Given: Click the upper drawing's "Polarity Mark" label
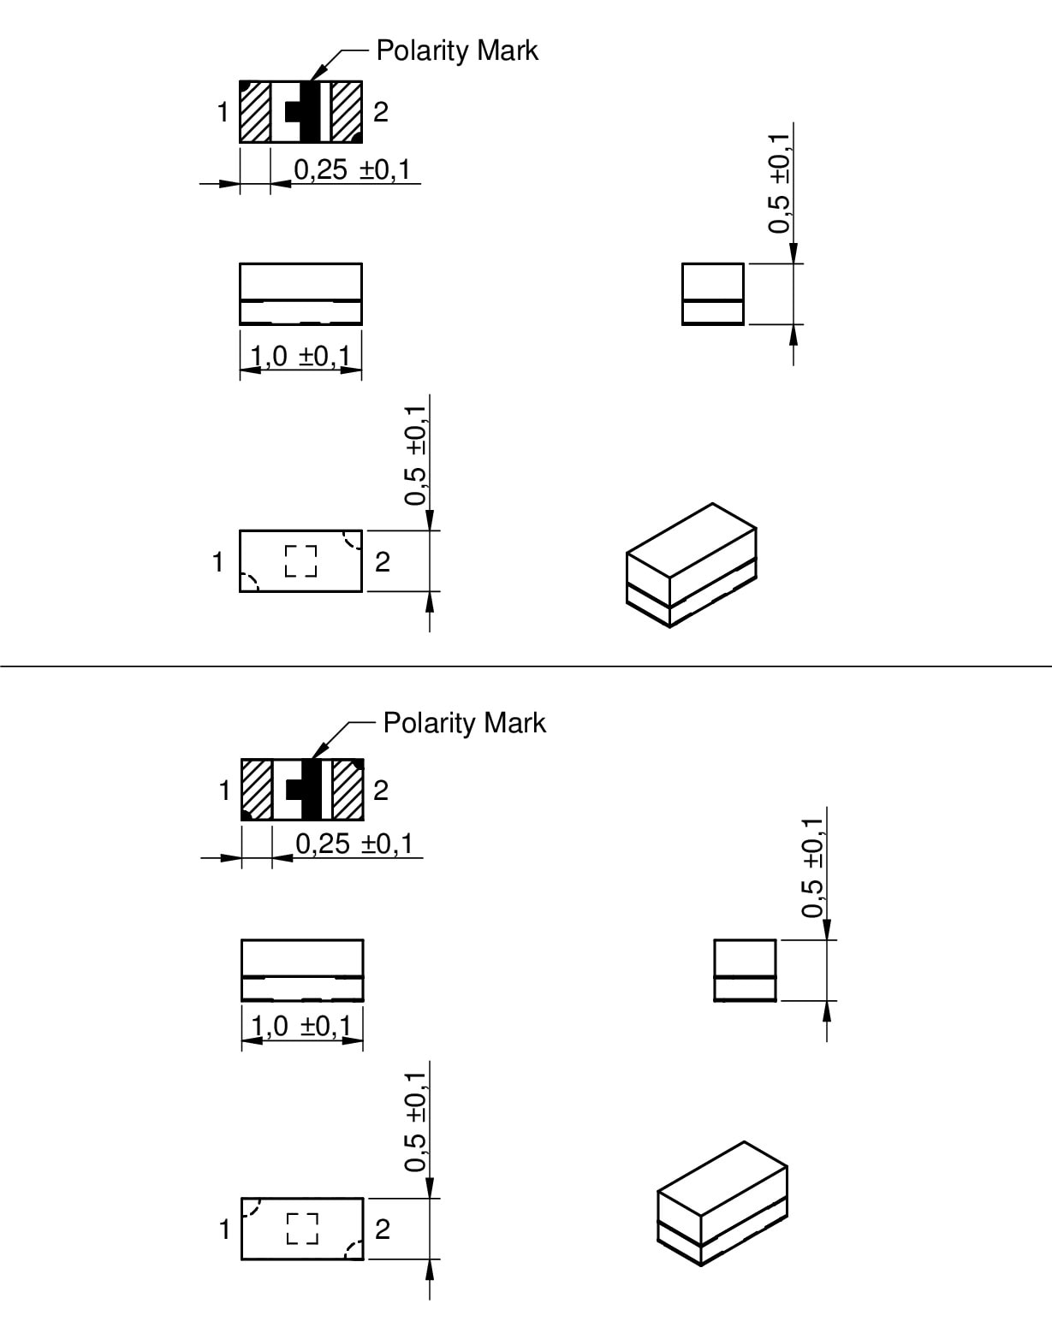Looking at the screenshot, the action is pos(457,51).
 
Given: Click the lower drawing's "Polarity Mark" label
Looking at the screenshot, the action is pos(464,724).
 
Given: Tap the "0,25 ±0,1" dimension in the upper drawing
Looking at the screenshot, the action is pos(352,169).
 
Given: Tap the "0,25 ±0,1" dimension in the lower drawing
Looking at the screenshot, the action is pos(354,844).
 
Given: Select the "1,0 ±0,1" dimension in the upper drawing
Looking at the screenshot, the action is pos(300,357).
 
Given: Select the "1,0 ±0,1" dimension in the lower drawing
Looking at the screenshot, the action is pos(302,1027).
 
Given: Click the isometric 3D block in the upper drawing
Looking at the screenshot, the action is pos(692,566).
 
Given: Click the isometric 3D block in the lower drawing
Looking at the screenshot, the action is pos(722,1204).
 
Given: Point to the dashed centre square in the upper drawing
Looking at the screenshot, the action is pos(300,561).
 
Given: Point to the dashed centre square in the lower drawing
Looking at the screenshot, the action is pos(302,1229).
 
